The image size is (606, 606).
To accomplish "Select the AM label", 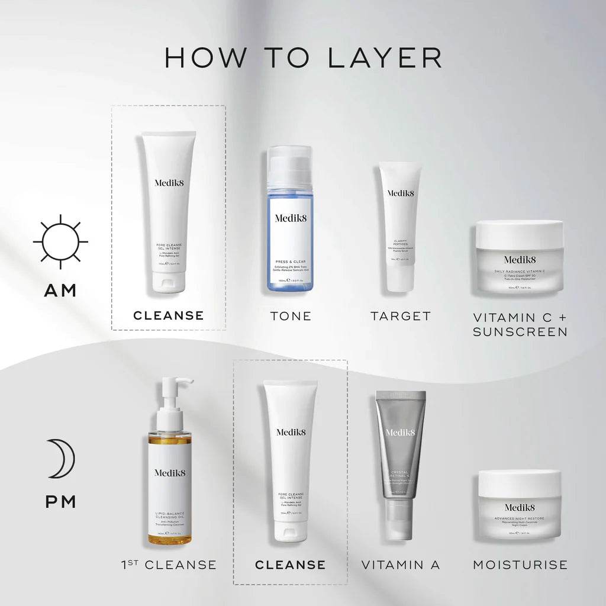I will tap(60, 291).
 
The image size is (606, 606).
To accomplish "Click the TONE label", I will tap(291, 316).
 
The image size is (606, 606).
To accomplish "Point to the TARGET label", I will tap(401, 316).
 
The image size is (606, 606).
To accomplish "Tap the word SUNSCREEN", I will tap(520, 331).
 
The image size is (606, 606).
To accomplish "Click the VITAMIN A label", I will tap(401, 565).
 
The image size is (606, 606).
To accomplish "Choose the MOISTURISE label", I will tap(520, 565).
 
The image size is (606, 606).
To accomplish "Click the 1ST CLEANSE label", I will tap(168, 565).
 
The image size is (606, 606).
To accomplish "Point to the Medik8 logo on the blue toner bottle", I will tap(289, 218).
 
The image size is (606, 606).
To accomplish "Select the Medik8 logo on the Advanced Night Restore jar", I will tap(520, 507).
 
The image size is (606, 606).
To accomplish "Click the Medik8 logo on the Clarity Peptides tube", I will tap(401, 192).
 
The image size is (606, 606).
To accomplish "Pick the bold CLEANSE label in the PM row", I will tap(290, 565).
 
